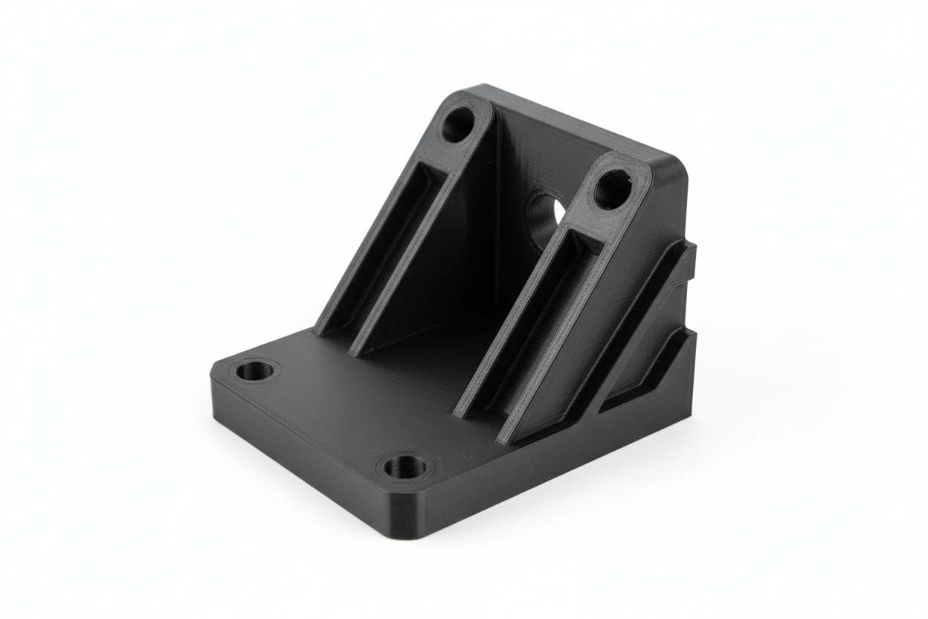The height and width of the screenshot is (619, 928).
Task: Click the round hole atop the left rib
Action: click(x=457, y=124)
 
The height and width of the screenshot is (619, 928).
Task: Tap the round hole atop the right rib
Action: click(x=612, y=189)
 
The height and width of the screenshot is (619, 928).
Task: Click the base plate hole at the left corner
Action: click(x=255, y=370)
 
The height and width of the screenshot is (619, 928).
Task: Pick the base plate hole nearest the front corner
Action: click(x=406, y=467)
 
